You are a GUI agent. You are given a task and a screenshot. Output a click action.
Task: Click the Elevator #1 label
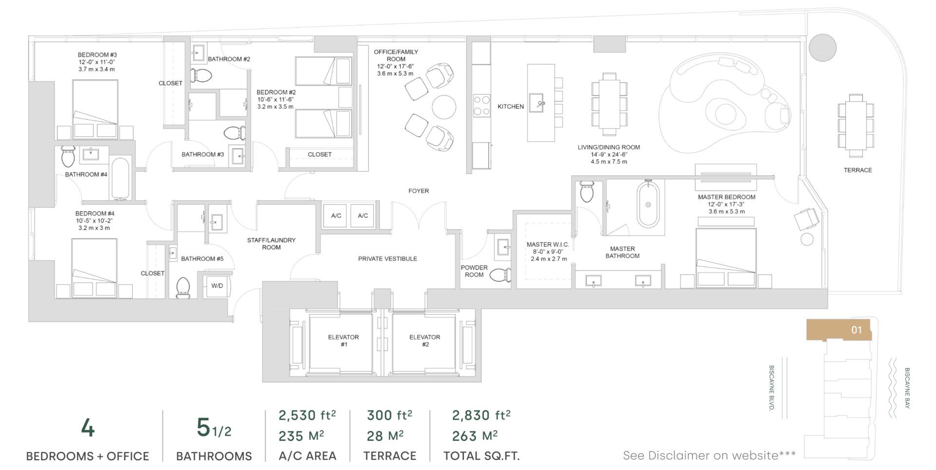coord(343,340)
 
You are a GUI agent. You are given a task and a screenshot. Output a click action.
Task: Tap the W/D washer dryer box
coord(217,286)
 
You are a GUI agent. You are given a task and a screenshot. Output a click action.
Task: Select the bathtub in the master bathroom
coord(648,204)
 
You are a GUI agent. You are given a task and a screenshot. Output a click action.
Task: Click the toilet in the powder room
coord(500,275)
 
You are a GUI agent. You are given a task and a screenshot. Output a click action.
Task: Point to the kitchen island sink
coord(540,103)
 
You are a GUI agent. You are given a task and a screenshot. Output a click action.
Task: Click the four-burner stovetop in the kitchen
coord(482,105)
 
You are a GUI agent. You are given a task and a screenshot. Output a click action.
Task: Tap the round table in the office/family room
coord(444,106)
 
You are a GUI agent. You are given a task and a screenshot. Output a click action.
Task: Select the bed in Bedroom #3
coord(95,108)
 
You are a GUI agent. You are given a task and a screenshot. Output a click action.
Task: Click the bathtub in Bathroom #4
coord(120,177)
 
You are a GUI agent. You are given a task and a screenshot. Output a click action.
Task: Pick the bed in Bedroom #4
coord(94,268)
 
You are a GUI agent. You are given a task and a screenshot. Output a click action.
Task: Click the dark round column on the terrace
coord(822,48)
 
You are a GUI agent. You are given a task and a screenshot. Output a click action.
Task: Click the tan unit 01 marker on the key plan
coord(838,330)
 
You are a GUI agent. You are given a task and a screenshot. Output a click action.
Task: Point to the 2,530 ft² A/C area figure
coord(307,415)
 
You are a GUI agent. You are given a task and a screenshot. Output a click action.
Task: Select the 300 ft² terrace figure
coord(389,415)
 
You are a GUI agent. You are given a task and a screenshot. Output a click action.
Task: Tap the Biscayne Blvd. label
coord(771,388)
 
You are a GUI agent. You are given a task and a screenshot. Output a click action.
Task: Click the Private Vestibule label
coord(388,259)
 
